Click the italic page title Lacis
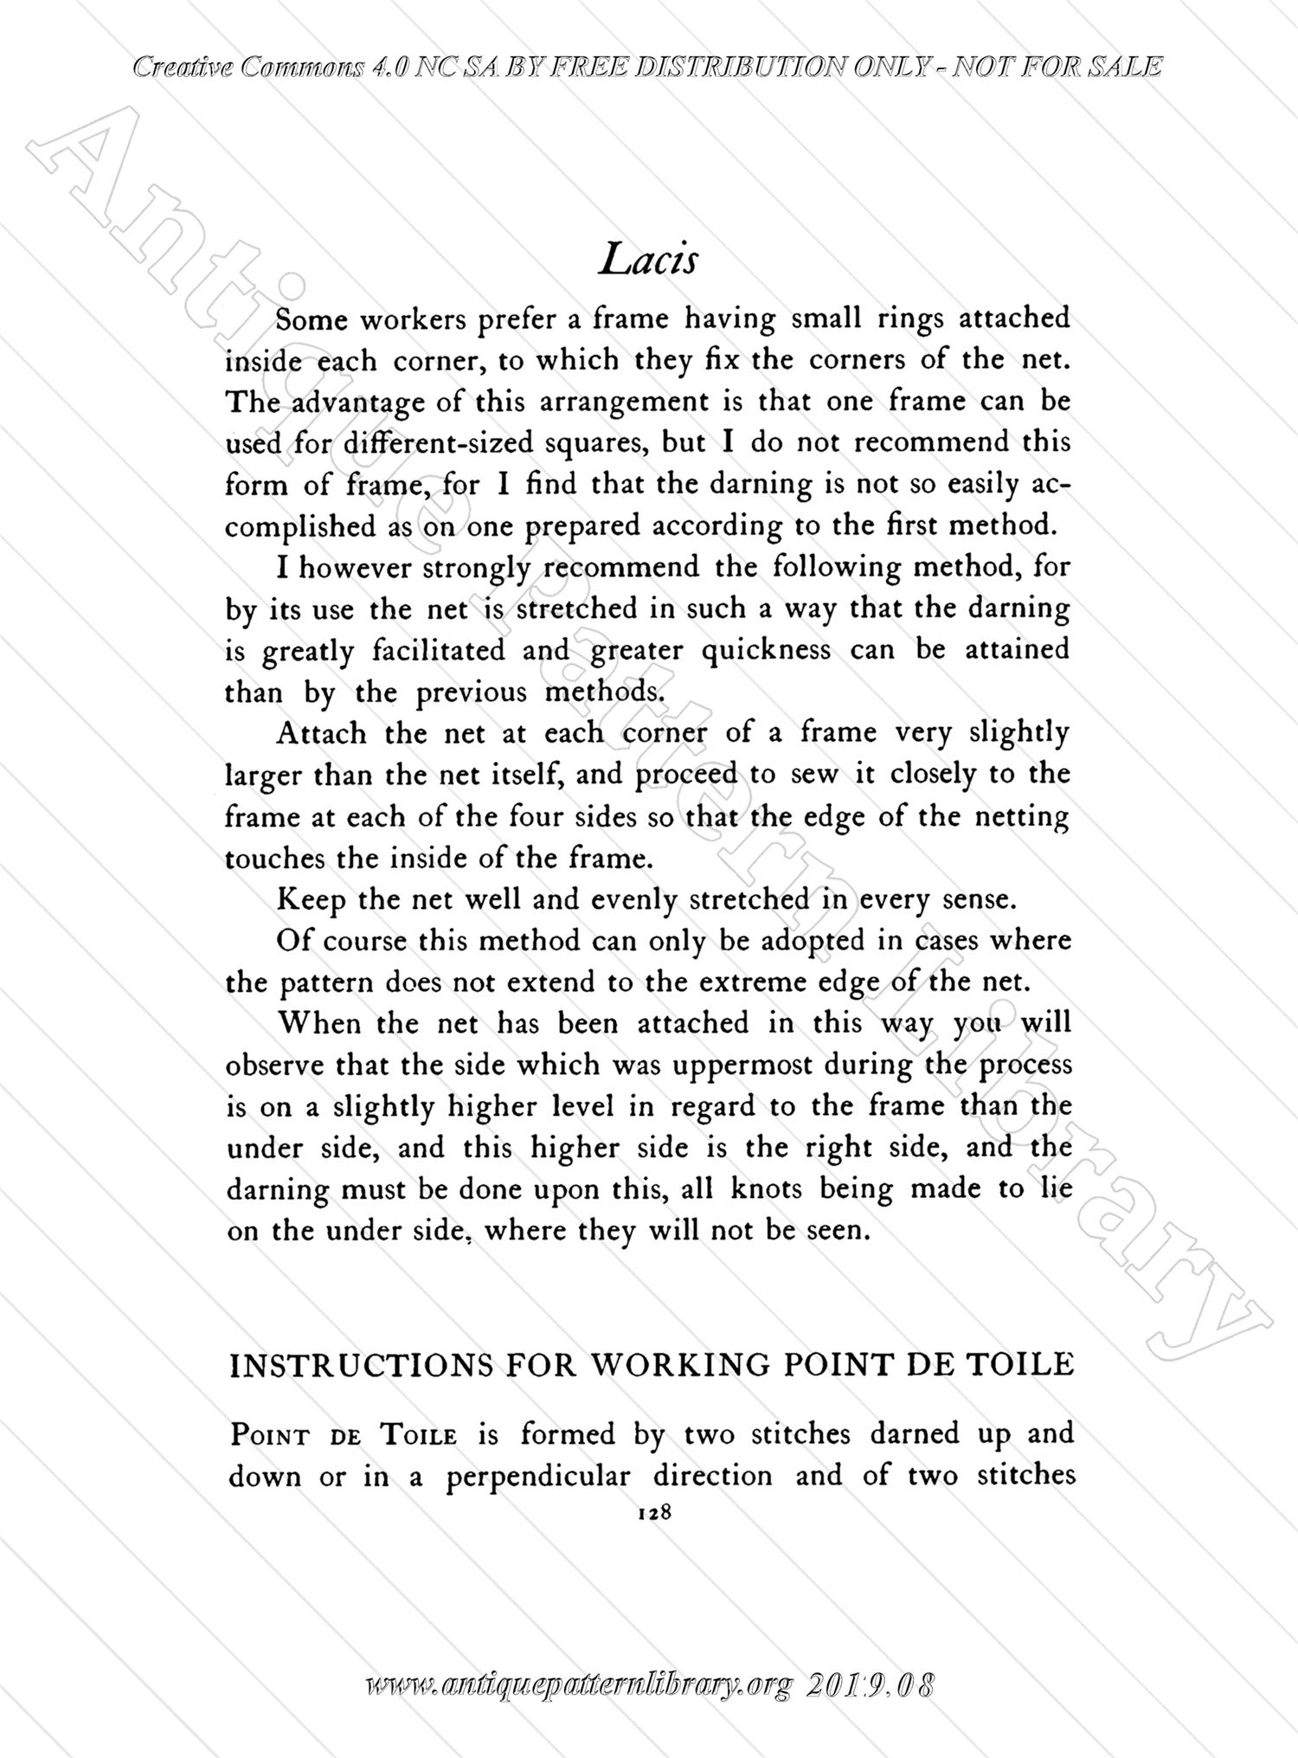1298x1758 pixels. [648, 258]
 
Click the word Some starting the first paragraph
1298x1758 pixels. [312, 320]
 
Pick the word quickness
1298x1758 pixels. [766, 649]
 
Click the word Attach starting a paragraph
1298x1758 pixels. [321, 733]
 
